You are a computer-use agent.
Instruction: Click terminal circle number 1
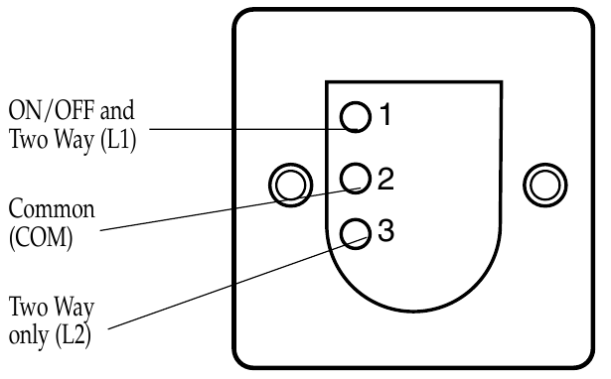355,117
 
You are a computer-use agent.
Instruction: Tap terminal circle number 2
355,178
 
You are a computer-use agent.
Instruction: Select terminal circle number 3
355,232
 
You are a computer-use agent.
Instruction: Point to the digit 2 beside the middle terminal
385,179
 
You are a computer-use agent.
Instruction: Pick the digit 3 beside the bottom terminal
385,232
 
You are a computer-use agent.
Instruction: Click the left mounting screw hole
290,184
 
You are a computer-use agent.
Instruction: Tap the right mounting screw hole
544,184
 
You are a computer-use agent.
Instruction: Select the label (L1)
113,140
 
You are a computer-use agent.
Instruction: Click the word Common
51,210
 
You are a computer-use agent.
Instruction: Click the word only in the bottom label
27,336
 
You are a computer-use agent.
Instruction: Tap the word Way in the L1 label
69,140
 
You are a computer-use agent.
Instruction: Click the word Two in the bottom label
27,307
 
